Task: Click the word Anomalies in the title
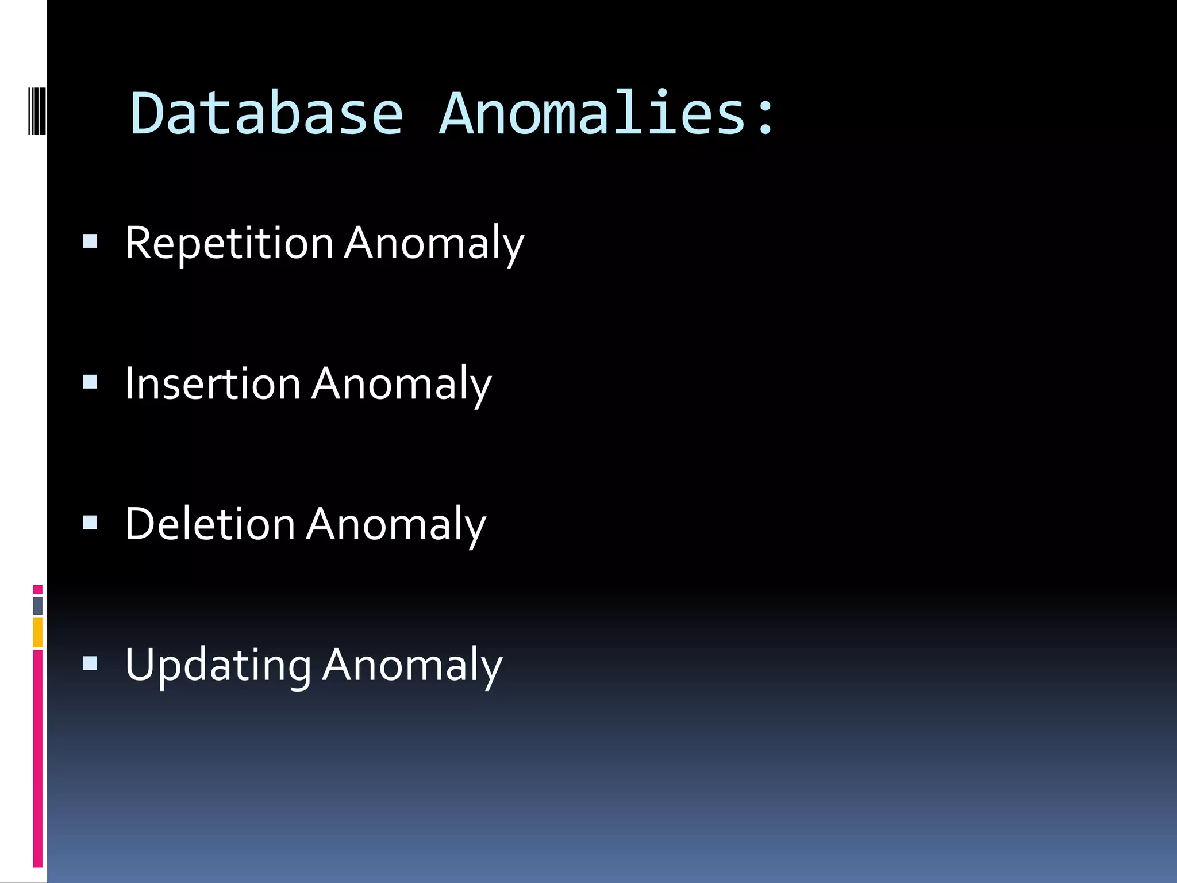(x=593, y=114)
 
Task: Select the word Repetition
(x=229, y=244)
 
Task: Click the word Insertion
(x=213, y=384)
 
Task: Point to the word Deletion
(x=210, y=524)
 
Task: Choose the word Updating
(x=218, y=666)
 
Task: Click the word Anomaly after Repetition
(x=434, y=244)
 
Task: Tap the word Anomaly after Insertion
(x=401, y=384)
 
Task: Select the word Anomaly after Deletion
(x=396, y=524)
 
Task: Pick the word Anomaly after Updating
(x=412, y=666)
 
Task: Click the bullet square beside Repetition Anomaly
(x=90, y=240)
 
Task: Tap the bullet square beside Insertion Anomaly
(x=90, y=382)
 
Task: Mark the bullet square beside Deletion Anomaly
(x=90, y=523)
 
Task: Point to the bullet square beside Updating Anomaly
(x=90, y=664)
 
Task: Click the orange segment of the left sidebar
(x=38, y=632)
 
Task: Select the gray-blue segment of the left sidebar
(x=38, y=606)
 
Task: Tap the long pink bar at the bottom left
(x=38, y=759)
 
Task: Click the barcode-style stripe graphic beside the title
(x=37, y=110)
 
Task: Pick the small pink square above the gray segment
(x=38, y=590)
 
